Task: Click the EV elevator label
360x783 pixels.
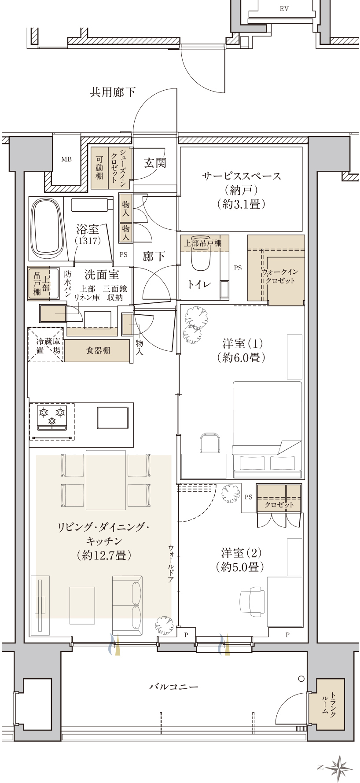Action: point(284,9)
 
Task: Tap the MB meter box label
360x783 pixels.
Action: point(66,159)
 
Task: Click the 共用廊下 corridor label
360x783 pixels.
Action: point(113,92)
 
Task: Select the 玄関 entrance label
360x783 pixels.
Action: point(155,163)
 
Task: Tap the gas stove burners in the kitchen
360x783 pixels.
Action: point(52,418)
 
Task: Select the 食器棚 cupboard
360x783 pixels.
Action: point(98,350)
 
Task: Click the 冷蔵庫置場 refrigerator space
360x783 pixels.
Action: point(46,345)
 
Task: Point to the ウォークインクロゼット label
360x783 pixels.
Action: point(280,276)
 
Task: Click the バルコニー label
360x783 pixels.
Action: point(174,686)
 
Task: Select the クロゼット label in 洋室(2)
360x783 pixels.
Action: point(279,505)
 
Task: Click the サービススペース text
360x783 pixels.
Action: point(241,176)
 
